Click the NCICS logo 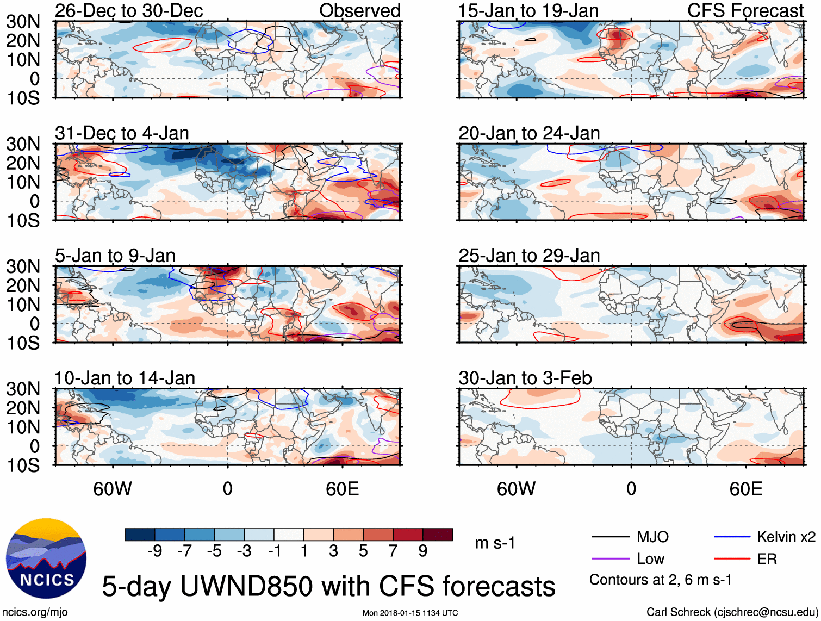pyautogui.click(x=46, y=558)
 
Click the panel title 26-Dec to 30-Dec pyautogui.click(x=129, y=10)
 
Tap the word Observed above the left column pyautogui.click(x=359, y=10)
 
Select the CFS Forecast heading pyautogui.click(x=745, y=10)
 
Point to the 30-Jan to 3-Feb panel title pyautogui.click(x=525, y=378)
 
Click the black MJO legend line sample pyautogui.click(x=610, y=537)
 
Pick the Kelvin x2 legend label pyautogui.click(x=786, y=537)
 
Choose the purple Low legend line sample pyautogui.click(x=610, y=559)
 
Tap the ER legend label pyautogui.click(x=767, y=559)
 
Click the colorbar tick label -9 pyautogui.click(x=154, y=551)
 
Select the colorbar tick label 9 pyautogui.click(x=423, y=551)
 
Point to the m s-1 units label pyautogui.click(x=495, y=543)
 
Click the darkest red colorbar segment pyautogui.click(x=438, y=535)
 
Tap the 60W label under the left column pyautogui.click(x=113, y=489)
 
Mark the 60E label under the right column pyautogui.click(x=745, y=489)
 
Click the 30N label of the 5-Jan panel pyautogui.click(x=23, y=266)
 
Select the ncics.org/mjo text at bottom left pyautogui.click(x=35, y=612)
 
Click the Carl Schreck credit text pyautogui.click(x=732, y=612)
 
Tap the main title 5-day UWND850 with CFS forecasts pyautogui.click(x=328, y=586)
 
